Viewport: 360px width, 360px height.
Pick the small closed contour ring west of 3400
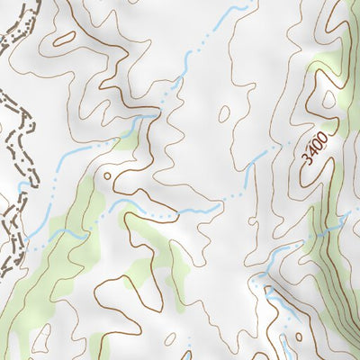pyautogui.click(x=221, y=114)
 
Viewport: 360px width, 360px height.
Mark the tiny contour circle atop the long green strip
pyautogui.click(x=107, y=175)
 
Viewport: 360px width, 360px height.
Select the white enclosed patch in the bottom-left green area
pyautogui.click(x=40, y=340)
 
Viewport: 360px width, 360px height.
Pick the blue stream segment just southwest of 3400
pyautogui.click(x=256, y=161)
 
